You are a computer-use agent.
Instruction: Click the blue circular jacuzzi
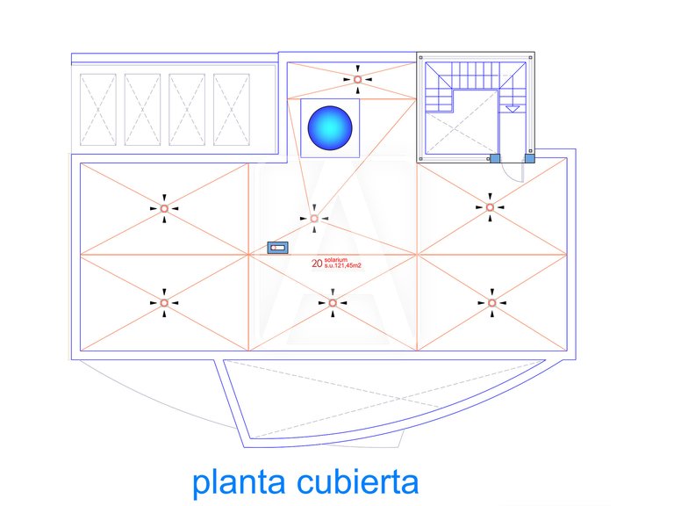330,128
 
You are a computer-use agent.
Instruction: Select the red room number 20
317,264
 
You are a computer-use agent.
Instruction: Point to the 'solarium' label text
336,260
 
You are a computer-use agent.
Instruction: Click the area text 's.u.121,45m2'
343,266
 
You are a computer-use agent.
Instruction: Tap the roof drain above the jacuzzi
358,79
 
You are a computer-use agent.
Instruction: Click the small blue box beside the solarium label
277,248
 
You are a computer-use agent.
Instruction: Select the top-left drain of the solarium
164,209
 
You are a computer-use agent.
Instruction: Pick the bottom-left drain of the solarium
164,303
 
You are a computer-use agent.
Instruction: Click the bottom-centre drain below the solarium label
333,303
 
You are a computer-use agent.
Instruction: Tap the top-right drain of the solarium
490,207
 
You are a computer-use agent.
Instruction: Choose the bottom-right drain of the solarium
492,303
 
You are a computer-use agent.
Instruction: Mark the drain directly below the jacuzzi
314,219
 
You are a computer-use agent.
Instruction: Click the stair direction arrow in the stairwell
512,109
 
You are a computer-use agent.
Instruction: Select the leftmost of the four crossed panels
98,110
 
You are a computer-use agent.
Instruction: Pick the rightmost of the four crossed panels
232,110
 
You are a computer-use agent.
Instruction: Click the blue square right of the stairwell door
529,159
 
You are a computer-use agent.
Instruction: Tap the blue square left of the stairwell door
495,158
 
